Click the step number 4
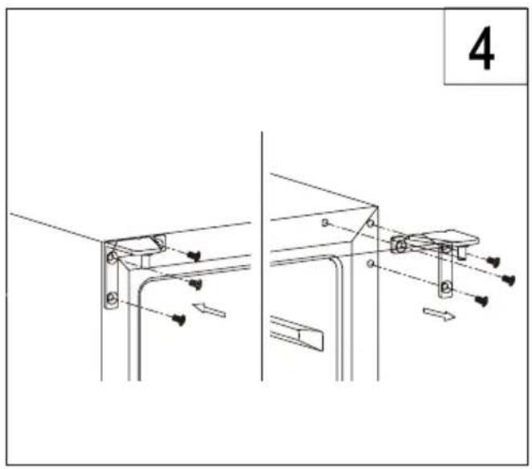(481, 48)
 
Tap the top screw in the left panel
(194, 255)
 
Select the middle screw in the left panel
(195, 283)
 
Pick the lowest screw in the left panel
(178, 320)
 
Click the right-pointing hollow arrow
(439, 314)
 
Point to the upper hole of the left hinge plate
(112, 258)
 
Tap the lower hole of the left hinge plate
(111, 299)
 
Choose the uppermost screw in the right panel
(493, 261)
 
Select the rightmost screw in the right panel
(509, 279)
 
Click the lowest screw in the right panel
(481, 300)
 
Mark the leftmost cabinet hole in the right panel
(325, 222)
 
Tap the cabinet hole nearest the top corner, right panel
(370, 223)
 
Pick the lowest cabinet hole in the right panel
(370, 263)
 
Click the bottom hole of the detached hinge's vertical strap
(445, 288)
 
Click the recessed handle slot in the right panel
(297, 332)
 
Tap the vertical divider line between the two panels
(262, 256)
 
